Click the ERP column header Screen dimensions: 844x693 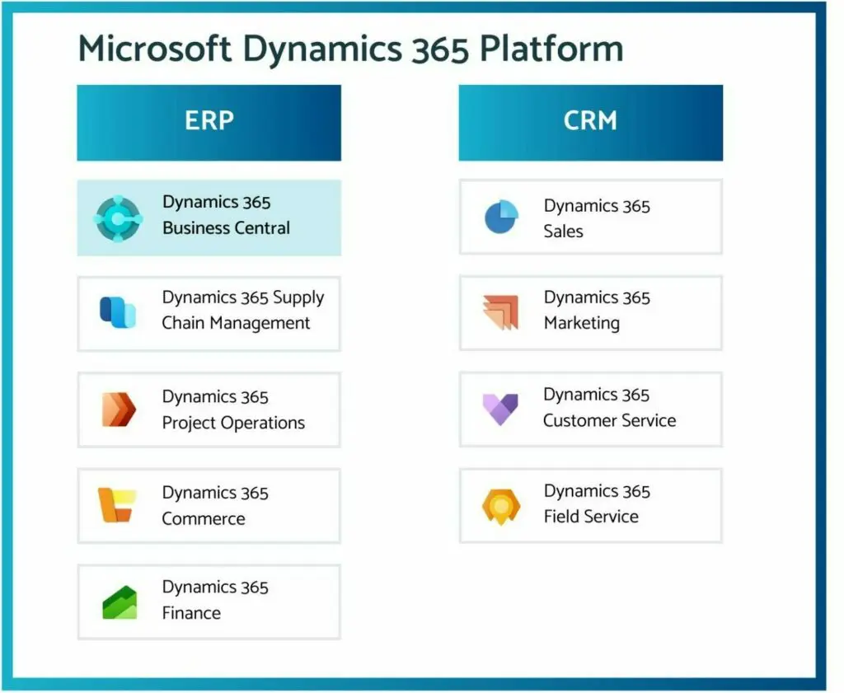[209, 123]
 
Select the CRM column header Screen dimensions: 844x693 [590, 123]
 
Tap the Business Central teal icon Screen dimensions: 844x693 [119, 218]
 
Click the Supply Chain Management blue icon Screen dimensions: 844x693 [118, 312]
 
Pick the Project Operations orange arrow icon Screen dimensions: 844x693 [119, 410]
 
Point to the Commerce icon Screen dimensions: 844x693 [117, 504]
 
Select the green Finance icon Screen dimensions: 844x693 [120, 602]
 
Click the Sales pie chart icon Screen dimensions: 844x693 [501, 216]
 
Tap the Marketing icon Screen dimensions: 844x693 [500, 312]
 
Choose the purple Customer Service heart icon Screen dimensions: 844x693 [500, 409]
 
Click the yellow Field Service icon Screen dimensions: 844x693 [501, 506]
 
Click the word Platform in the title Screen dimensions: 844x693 [551, 49]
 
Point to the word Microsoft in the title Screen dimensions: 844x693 [155, 49]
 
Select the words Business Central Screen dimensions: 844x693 [226, 228]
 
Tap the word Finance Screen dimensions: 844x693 [191, 613]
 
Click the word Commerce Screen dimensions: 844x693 [204, 518]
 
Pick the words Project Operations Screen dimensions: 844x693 [233, 423]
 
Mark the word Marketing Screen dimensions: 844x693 [582, 323]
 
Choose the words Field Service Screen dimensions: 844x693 [591, 517]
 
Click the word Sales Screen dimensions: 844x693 [564, 232]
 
